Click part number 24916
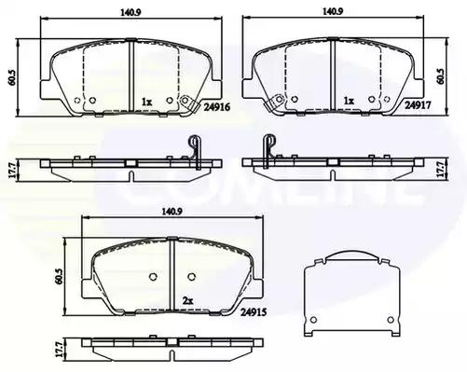point(217,107)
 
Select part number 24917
point(418,105)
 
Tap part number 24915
point(254,312)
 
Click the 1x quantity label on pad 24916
point(146,102)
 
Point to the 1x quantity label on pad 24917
point(349,101)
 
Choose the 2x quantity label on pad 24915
point(188,300)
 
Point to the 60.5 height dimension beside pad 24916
point(11,77)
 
